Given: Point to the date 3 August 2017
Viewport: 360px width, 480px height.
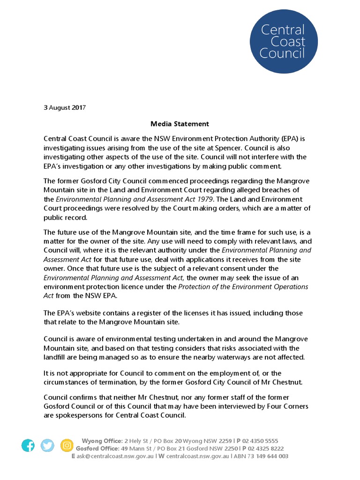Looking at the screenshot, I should point(65,107).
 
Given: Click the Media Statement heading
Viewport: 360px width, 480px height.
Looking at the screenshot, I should point(180,124).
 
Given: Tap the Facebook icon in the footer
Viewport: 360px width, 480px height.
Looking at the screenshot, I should point(28,445).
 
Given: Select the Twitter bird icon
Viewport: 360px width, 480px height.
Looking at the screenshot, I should point(47,445).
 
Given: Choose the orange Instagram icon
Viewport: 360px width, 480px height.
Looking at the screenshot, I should point(67,445).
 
